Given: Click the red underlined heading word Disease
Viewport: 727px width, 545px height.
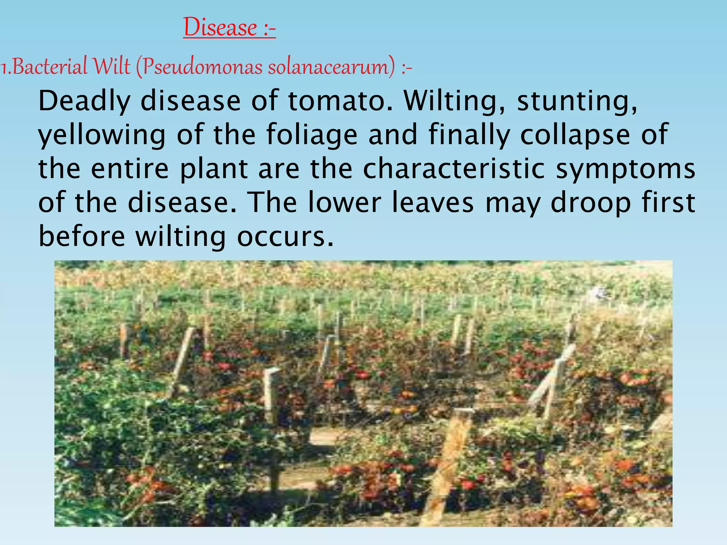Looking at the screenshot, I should tap(220, 27).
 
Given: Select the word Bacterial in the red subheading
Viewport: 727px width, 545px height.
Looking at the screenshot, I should tap(50, 66).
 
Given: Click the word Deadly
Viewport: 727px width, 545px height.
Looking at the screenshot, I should tap(84, 102).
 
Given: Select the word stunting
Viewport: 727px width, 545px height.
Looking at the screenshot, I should tap(577, 102).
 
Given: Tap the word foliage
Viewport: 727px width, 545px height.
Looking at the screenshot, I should tap(312, 136).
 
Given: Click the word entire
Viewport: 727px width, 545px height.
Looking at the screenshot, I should tap(130, 169).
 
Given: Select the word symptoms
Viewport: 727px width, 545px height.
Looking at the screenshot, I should tap(625, 170).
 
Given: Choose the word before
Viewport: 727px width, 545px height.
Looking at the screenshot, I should tap(82, 237).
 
